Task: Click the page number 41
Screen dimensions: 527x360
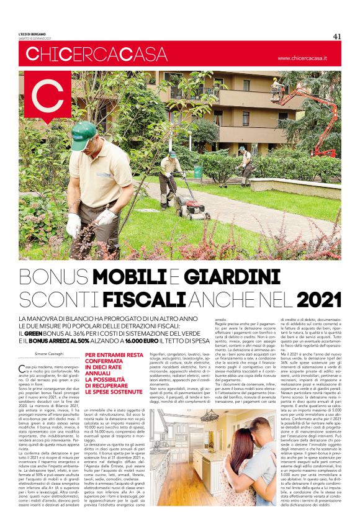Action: [336, 35]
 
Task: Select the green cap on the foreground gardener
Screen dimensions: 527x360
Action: [84, 130]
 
